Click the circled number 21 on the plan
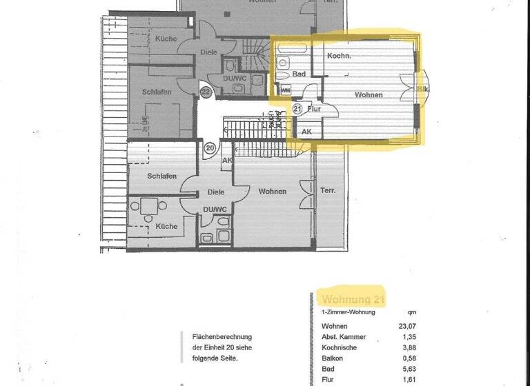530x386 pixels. pos(297,109)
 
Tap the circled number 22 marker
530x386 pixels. pos(206,91)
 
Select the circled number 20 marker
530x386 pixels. pos(211,148)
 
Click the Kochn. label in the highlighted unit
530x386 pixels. pos(340,56)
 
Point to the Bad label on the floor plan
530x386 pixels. pos(299,74)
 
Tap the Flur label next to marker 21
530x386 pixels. pos(314,109)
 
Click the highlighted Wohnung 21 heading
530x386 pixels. pos(353,299)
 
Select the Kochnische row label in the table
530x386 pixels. pos(340,349)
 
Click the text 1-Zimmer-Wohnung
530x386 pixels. pos(349,312)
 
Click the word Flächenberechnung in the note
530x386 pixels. pos(217,337)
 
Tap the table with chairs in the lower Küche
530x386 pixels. pos(150,206)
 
